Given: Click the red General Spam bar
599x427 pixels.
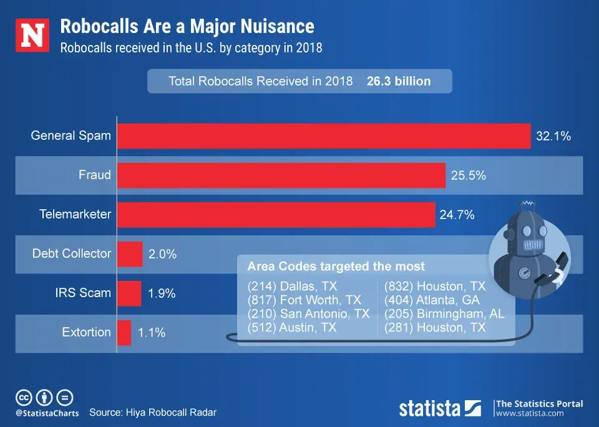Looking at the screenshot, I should tap(323, 135).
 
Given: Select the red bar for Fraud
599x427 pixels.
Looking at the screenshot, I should tap(281, 175).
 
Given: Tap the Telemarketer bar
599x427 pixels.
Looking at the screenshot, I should tap(276, 215).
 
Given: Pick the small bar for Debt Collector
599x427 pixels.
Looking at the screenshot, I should tap(130, 254).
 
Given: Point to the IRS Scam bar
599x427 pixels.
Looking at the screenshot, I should tap(129, 293).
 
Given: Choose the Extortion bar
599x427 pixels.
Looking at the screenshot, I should tap(124, 333).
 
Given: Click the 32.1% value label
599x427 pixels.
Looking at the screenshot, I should tap(553, 136).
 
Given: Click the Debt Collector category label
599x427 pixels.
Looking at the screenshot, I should tap(72, 253).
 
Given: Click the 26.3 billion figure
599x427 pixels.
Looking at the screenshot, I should tap(399, 81).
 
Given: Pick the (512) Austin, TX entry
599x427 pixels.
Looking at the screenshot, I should tap(292, 327).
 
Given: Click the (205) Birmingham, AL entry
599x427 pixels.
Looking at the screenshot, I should tap(444, 314).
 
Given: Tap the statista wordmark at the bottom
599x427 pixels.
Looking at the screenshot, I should tap(431, 408).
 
